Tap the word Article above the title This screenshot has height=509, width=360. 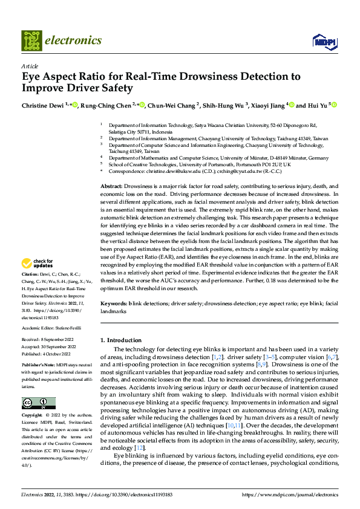(30, 66)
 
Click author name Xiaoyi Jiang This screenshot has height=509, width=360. (267, 106)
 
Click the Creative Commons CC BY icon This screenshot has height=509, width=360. (38, 403)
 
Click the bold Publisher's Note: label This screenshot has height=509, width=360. (39, 366)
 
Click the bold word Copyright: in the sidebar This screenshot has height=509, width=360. (33, 416)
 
